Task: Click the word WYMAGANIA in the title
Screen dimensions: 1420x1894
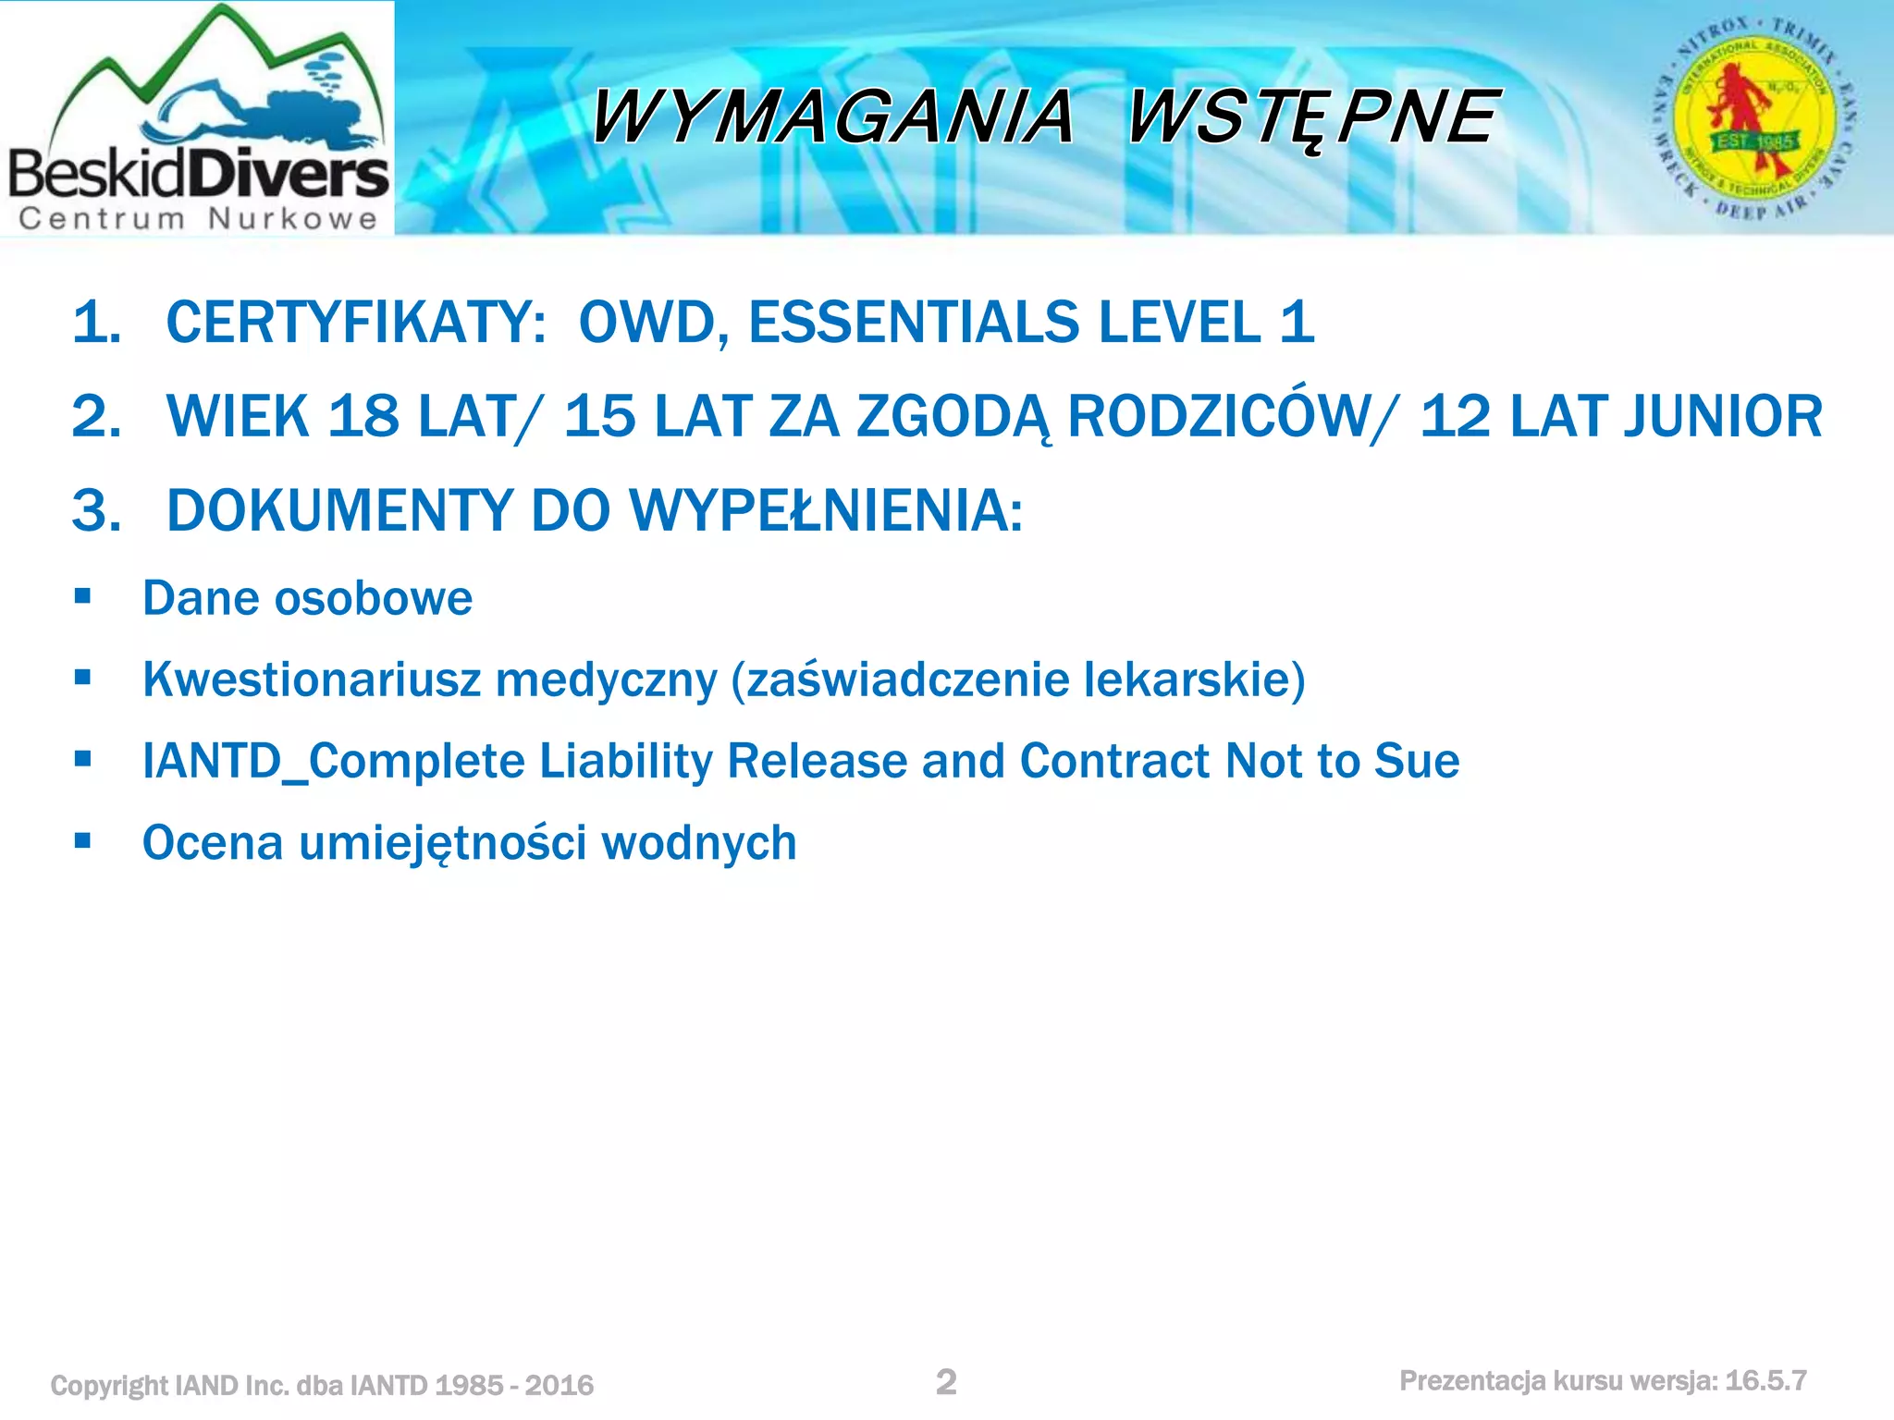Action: (832, 118)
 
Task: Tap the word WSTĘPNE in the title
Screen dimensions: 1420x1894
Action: (1311, 118)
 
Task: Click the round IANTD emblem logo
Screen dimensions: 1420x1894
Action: (1754, 118)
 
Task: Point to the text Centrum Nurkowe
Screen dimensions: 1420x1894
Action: (198, 219)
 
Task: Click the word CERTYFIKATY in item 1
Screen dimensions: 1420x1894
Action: (356, 323)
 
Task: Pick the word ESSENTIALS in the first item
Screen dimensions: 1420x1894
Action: (914, 323)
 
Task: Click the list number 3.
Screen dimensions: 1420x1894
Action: (96, 510)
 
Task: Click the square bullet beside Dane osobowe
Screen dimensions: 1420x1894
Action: (83, 596)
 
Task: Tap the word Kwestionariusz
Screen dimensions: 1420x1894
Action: (312, 679)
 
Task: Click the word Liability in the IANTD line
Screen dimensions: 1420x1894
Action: (625, 761)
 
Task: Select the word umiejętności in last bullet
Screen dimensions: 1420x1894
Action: (442, 843)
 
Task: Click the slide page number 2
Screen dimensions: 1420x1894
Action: (946, 1382)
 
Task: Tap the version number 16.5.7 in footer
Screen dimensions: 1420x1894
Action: (1765, 1381)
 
